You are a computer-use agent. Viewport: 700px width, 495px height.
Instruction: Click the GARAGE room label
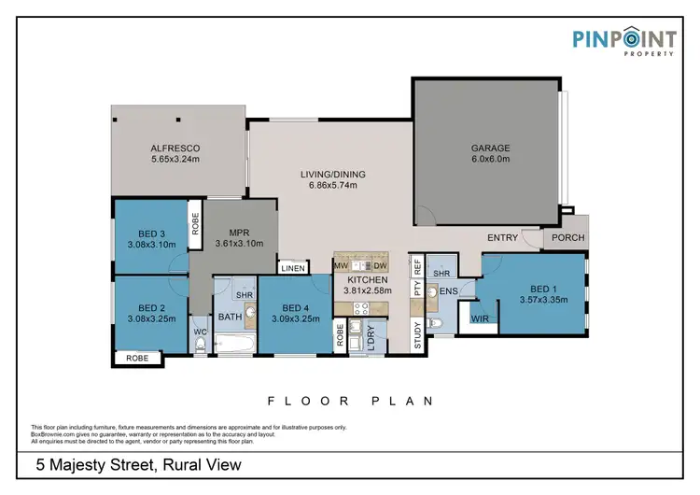[489, 147]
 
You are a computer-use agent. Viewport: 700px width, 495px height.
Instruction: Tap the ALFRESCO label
[175, 148]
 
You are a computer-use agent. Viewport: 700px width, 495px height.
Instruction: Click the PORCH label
[567, 237]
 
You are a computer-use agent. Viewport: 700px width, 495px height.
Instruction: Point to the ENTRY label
[502, 237]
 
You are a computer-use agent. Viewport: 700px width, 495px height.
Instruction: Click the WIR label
[481, 318]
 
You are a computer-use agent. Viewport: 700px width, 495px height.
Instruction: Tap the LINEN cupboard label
[292, 268]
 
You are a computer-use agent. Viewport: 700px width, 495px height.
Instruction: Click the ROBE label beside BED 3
[195, 225]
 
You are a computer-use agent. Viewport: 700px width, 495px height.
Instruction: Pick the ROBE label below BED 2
[136, 357]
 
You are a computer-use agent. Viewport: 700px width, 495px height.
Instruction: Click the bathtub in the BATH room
[232, 346]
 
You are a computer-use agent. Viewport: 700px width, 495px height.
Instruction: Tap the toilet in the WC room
[201, 344]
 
